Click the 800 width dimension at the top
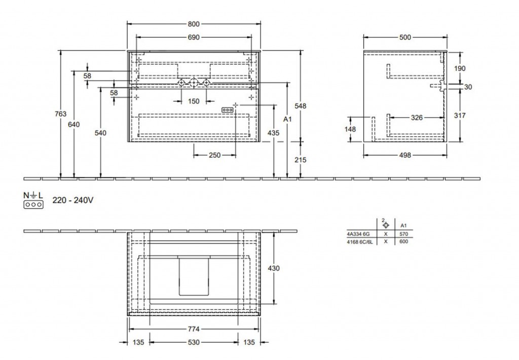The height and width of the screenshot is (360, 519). [194, 24]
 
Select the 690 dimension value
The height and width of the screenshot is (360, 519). [194, 38]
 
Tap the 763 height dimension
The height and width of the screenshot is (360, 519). [61, 114]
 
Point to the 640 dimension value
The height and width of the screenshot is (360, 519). [74, 125]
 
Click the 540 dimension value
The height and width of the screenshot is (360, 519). [100, 133]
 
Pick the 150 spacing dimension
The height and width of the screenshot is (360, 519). [194, 101]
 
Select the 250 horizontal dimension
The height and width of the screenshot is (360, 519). [214, 155]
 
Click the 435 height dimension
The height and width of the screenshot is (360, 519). [274, 133]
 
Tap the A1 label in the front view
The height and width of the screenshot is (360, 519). [287, 119]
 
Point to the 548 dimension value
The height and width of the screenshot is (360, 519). [301, 106]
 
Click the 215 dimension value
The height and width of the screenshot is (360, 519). [301, 160]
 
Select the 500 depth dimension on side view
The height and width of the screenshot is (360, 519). [405, 38]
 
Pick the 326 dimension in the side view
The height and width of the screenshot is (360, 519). [417, 118]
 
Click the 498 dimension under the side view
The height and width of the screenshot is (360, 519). [405, 155]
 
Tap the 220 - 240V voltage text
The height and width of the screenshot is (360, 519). [73, 200]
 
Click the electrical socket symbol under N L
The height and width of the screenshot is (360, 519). [33, 205]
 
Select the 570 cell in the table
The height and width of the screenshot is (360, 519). [403, 234]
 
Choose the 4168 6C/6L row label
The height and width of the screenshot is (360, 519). [360, 242]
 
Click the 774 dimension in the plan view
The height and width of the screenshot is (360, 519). [194, 329]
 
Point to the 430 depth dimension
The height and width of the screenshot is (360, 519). [274, 268]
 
